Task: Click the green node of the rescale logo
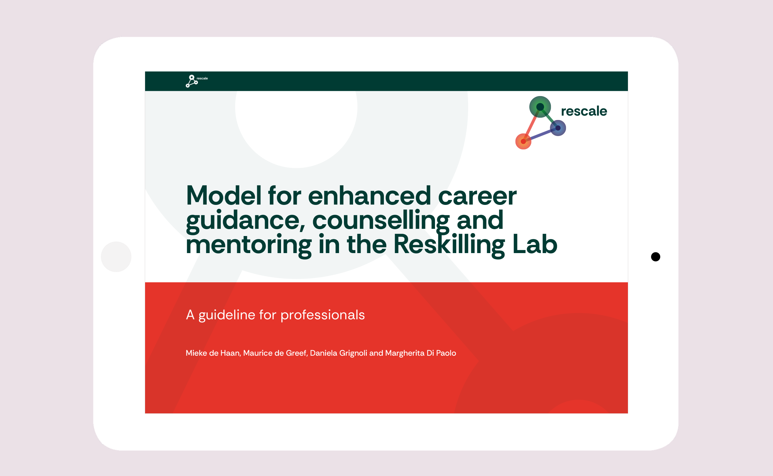(x=540, y=107)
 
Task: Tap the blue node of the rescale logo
(x=558, y=128)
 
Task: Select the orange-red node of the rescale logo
(x=523, y=141)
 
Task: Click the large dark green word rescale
(x=584, y=111)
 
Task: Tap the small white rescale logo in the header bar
(x=197, y=81)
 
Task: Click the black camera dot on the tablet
(x=655, y=257)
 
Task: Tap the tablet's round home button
(x=116, y=257)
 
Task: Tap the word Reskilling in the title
(x=449, y=245)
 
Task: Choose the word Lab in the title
(x=535, y=244)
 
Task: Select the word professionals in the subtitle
(x=323, y=315)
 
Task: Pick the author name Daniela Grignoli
(x=338, y=353)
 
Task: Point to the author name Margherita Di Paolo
(x=421, y=353)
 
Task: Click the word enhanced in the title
(x=369, y=196)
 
